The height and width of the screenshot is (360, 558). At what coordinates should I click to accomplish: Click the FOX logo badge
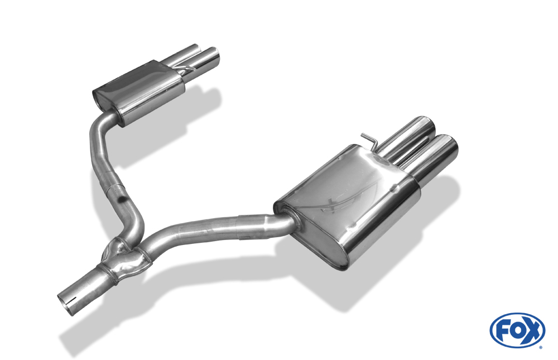click(517, 330)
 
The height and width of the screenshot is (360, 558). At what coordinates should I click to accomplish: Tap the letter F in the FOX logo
click(502, 331)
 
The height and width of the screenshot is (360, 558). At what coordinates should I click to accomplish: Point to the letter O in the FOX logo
click(517, 330)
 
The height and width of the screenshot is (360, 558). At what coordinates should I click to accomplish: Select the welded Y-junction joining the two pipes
click(127, 255)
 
